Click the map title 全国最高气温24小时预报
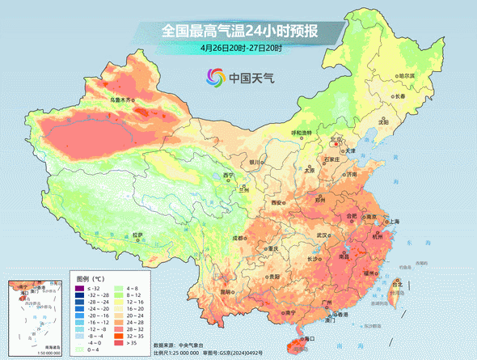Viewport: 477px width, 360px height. point(240,32)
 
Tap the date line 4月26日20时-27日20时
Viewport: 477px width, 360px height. point(241,49)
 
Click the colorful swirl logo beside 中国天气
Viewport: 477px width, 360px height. point(214,78)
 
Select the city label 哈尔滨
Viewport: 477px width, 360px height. point(405,75)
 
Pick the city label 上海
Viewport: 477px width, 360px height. point(394,220)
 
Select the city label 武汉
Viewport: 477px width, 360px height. point(324,235)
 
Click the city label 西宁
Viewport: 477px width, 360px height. point(229,175)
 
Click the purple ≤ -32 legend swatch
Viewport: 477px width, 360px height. point(79,289)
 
